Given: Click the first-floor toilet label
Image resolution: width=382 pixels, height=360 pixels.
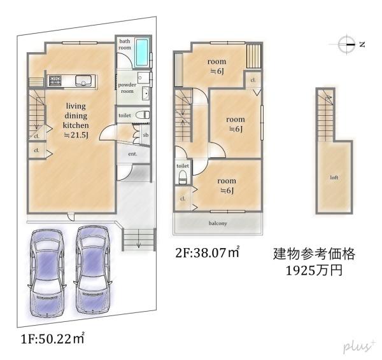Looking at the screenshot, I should coord(125,116).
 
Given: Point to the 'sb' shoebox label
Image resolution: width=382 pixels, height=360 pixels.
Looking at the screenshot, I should coord(145,135).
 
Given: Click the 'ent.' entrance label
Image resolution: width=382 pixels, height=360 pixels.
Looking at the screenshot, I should coord(134,154).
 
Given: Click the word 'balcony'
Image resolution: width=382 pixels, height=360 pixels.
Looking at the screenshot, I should coord(218,223).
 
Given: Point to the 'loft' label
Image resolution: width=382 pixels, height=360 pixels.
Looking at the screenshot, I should coord(334,177).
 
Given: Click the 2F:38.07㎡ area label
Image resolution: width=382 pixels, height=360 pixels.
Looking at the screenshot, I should coord(208,253).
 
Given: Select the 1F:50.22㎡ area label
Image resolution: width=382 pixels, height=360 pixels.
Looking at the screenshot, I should coord(52,337).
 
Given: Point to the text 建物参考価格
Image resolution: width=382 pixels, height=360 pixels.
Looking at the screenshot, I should coord(314,254).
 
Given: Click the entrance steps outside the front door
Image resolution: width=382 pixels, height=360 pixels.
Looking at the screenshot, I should coord(138,240).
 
